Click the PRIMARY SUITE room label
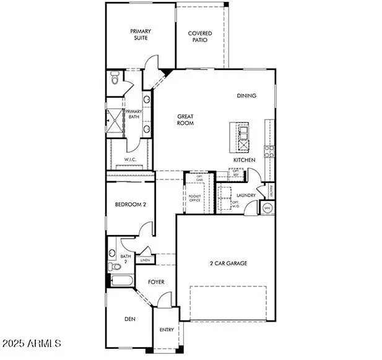[141, 34]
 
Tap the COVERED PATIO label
[200, 36]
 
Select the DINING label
[246, 96]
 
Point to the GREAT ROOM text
[186, 119]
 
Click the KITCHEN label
[244, 160]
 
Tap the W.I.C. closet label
[129, 159]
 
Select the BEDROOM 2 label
[130, 205]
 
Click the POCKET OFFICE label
[195, 197]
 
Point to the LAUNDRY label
[246, 195]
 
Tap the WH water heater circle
[267, 208]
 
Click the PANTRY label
[270, 192]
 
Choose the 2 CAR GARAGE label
[228, 263]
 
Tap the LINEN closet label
[144, 260]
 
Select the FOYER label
[156, 282]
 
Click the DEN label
[129, 319]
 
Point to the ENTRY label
[167, 330]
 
